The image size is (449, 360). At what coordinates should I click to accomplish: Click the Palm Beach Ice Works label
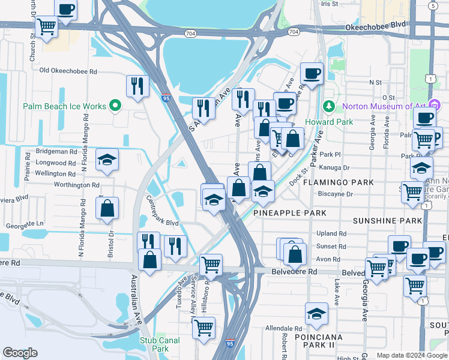(65, 106)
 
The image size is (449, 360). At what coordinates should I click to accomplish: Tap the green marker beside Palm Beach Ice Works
(116, 107)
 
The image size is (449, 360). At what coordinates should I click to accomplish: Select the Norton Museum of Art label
(384, 107)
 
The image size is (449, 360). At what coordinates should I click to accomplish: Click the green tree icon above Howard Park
(328, 106)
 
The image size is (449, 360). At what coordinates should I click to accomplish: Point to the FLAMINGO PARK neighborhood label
(338, 182)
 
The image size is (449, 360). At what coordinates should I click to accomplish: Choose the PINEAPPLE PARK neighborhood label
(289, 213)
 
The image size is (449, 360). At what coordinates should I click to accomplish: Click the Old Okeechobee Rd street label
(68, 71)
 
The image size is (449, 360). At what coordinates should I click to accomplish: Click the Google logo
(20, 353)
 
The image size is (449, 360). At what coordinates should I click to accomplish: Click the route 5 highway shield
(433, 5)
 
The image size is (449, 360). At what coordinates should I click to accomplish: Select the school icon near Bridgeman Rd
(107, 160)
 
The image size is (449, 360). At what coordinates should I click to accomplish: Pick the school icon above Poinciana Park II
(317, 313)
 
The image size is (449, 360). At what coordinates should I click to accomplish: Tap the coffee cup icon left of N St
(312, 74)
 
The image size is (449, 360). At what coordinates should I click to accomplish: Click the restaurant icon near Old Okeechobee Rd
(137, 86)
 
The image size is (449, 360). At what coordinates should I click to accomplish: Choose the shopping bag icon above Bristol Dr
(107, 209)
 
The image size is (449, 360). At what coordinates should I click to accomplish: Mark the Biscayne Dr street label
(336, 194)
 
